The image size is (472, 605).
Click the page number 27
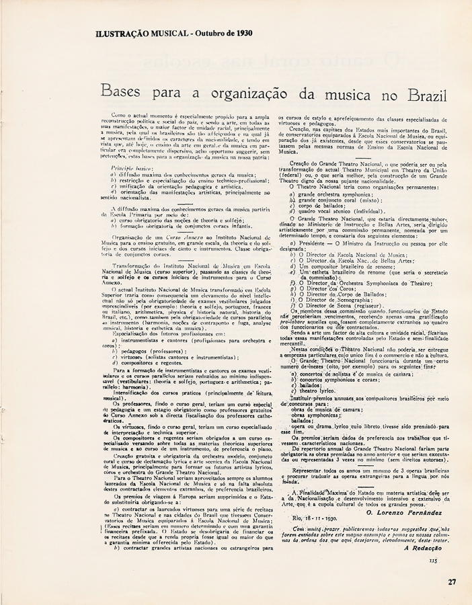[x=452, y=583]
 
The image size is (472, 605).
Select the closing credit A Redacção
[x=420, y=548]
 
